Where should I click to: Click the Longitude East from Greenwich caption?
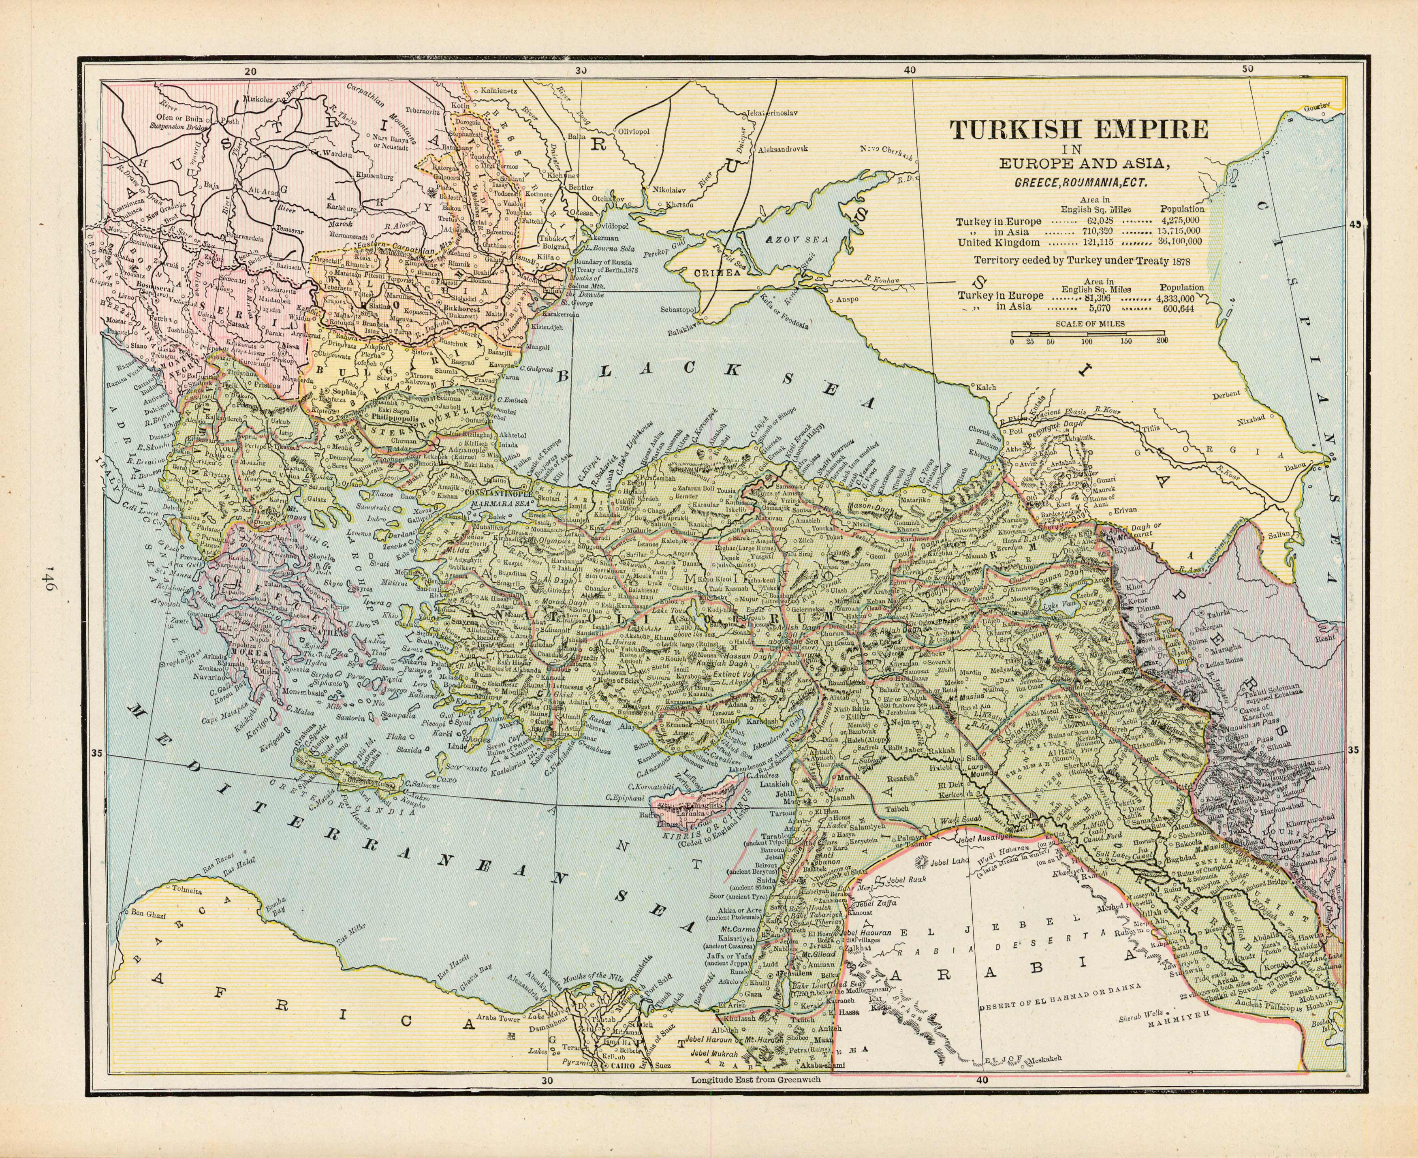click(759, 1098)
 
